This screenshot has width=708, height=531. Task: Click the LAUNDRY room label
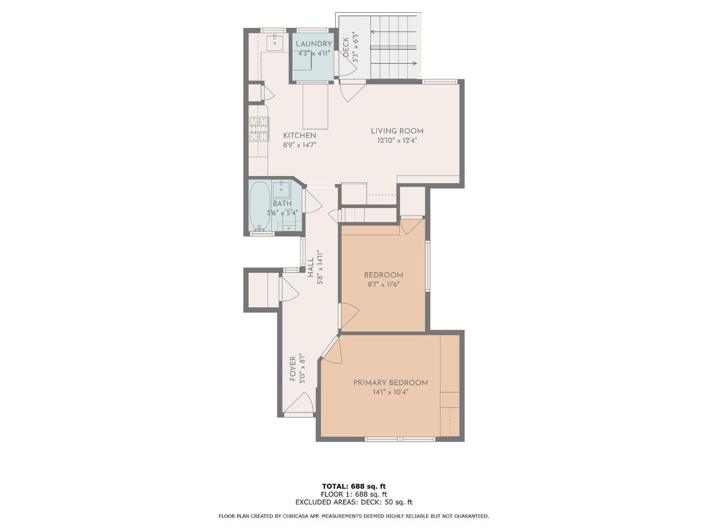(x=313, y=44)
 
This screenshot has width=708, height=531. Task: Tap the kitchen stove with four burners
(x=259, y=129)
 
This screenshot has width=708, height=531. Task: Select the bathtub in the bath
(x=260, y=205)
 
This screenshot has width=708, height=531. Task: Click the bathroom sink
(x=281, y=190)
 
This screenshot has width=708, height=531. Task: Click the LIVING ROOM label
(x=396, y=131)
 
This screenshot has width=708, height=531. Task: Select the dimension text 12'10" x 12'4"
(x=396, y=141)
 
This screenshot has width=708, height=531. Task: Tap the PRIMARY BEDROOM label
(x=390, y=383)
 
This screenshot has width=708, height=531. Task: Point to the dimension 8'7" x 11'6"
(x=383, y=285)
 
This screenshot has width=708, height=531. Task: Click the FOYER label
(x=293, y=369)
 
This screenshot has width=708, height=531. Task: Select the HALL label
(x=311, y=267)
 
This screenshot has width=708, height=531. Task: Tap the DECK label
(x=346, y=47)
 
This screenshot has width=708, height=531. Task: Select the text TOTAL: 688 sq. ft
(x=354, y=486)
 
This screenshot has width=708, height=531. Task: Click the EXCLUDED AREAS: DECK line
(x=354, y=502)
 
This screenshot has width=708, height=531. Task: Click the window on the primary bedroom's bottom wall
(x=399, y=439)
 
